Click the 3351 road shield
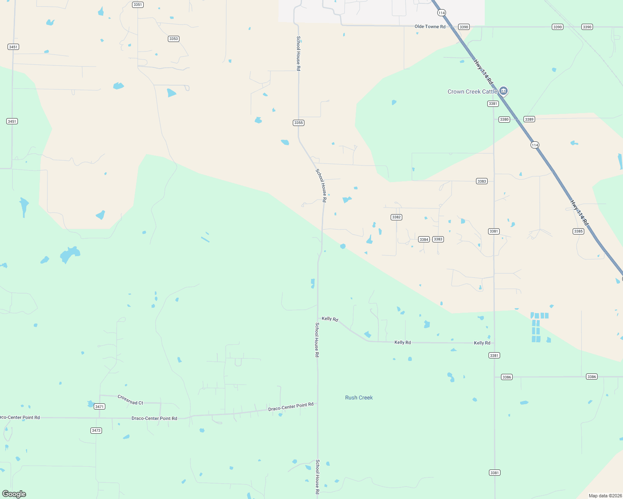click(x=137, y=5)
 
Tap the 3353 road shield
click(x=173, y=39)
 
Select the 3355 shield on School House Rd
click(x=299, y=123)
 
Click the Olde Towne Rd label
click(x=430, y=27)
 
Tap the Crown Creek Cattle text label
click(x=472, y=91)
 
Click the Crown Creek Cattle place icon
click(x=503, y=91)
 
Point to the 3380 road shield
click(x=504, y=119)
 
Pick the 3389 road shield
click(x=529, y=119)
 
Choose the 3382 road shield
click(x=396, y=217)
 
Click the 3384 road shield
click(x=424, y=239)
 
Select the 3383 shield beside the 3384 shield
click(x=438, y=239)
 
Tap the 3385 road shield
click(x=578, y=231)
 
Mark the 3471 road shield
click(x=99, y=406)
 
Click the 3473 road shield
click(x=96, y=430)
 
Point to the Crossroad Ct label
click(x=130, y=400)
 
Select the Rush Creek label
click(x=359, y=398)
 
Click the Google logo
click(x=14, y=494)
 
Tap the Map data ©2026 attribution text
click(x=604, y=496)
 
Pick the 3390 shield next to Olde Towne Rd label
click(x=464, y=27)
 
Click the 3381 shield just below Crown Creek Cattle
click(x=493, y=104)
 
